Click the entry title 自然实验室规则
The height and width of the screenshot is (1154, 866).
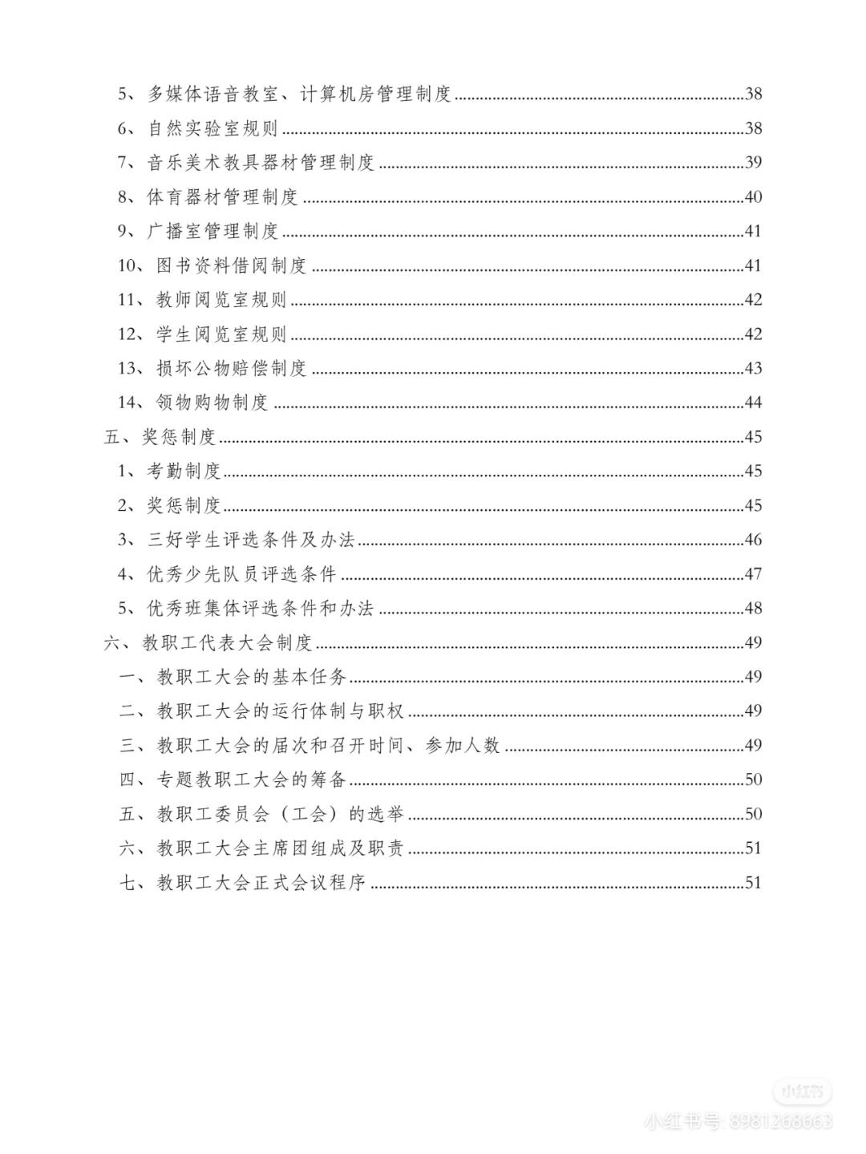(x=212, y=128)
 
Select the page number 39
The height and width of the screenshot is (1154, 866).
(x=753, y=163)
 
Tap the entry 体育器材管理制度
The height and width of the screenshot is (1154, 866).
(x=222, y=197)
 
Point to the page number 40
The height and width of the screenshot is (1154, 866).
(x=753, y=197)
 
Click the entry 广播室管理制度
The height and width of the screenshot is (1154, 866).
(x=212, y=232)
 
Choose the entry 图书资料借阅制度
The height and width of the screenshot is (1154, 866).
(x=232, y=266)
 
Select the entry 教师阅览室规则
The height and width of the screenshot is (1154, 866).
(x=221, y=301)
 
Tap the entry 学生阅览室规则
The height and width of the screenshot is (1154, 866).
(x=221, y=334)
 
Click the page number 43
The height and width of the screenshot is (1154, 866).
(x=753, y=369)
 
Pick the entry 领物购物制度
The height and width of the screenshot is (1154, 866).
(x=212, y=403)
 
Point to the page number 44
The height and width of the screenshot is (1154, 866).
(x=753, y=403)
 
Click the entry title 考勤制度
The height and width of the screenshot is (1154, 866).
(x=184, y=472)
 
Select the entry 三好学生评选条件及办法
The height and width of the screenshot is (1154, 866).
(x=251, y=541)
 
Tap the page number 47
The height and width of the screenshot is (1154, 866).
(x=753, y=574)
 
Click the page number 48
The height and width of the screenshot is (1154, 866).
(x=753, y=609)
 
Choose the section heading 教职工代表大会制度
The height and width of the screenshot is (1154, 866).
(x=227, y=643)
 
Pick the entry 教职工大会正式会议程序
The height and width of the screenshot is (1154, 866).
(x=261, y=883)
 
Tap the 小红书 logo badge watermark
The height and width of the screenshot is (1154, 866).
(x=803, y=1091)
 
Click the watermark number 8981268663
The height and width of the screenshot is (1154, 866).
(x=780, y=1121)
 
